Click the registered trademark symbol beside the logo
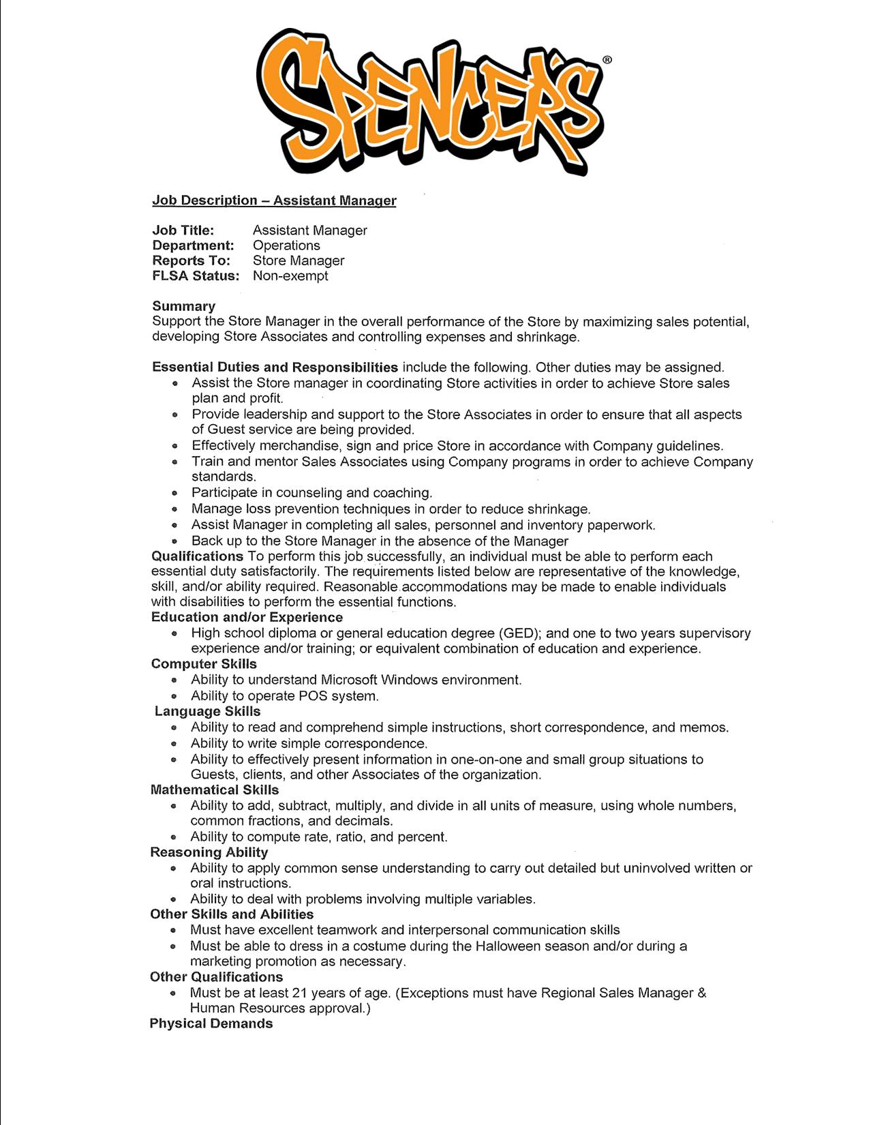(x=607, y=60)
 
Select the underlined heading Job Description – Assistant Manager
(x=274, y=200)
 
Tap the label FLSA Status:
(x=196, y=276)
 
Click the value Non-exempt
(x=290, y=276)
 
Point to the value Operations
(x=286, y=245)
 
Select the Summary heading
(x=183, y=306)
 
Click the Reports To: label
(x=191, y=260)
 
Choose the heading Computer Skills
(x=204, y=664)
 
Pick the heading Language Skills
(x=207, y=711)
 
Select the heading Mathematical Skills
(x=214, y=790)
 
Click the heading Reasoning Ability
(x=209, y=852)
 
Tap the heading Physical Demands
(x=211, y=1024)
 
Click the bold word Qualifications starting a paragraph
(x=197, y=556)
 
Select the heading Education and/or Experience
(x=247, y=618)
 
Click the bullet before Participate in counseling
(x=175, y=493)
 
